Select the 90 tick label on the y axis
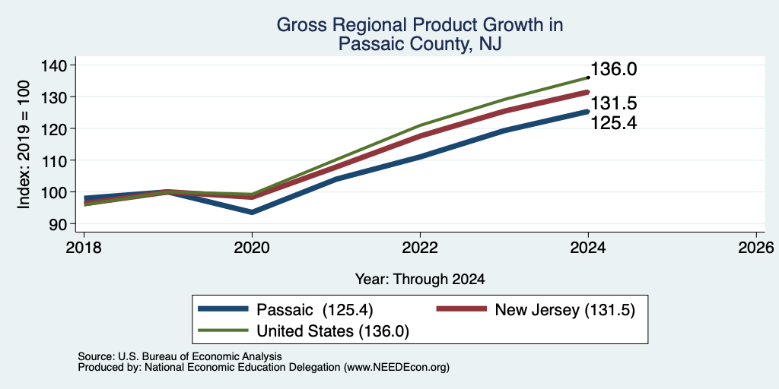click(x=65, y=224)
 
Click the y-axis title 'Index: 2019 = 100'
click(x=24, y=144)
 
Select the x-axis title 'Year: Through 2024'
click(x=420, y=280)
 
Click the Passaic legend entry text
click(x=314, y=310)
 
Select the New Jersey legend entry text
click(x=565, y=310)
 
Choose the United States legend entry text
click(x=333, y=331)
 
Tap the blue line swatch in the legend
click(x=223, y=309)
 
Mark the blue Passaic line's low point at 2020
click(x=252, y=212)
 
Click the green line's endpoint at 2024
click(x=588, y=77)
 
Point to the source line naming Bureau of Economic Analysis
click(x=180, y=356)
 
